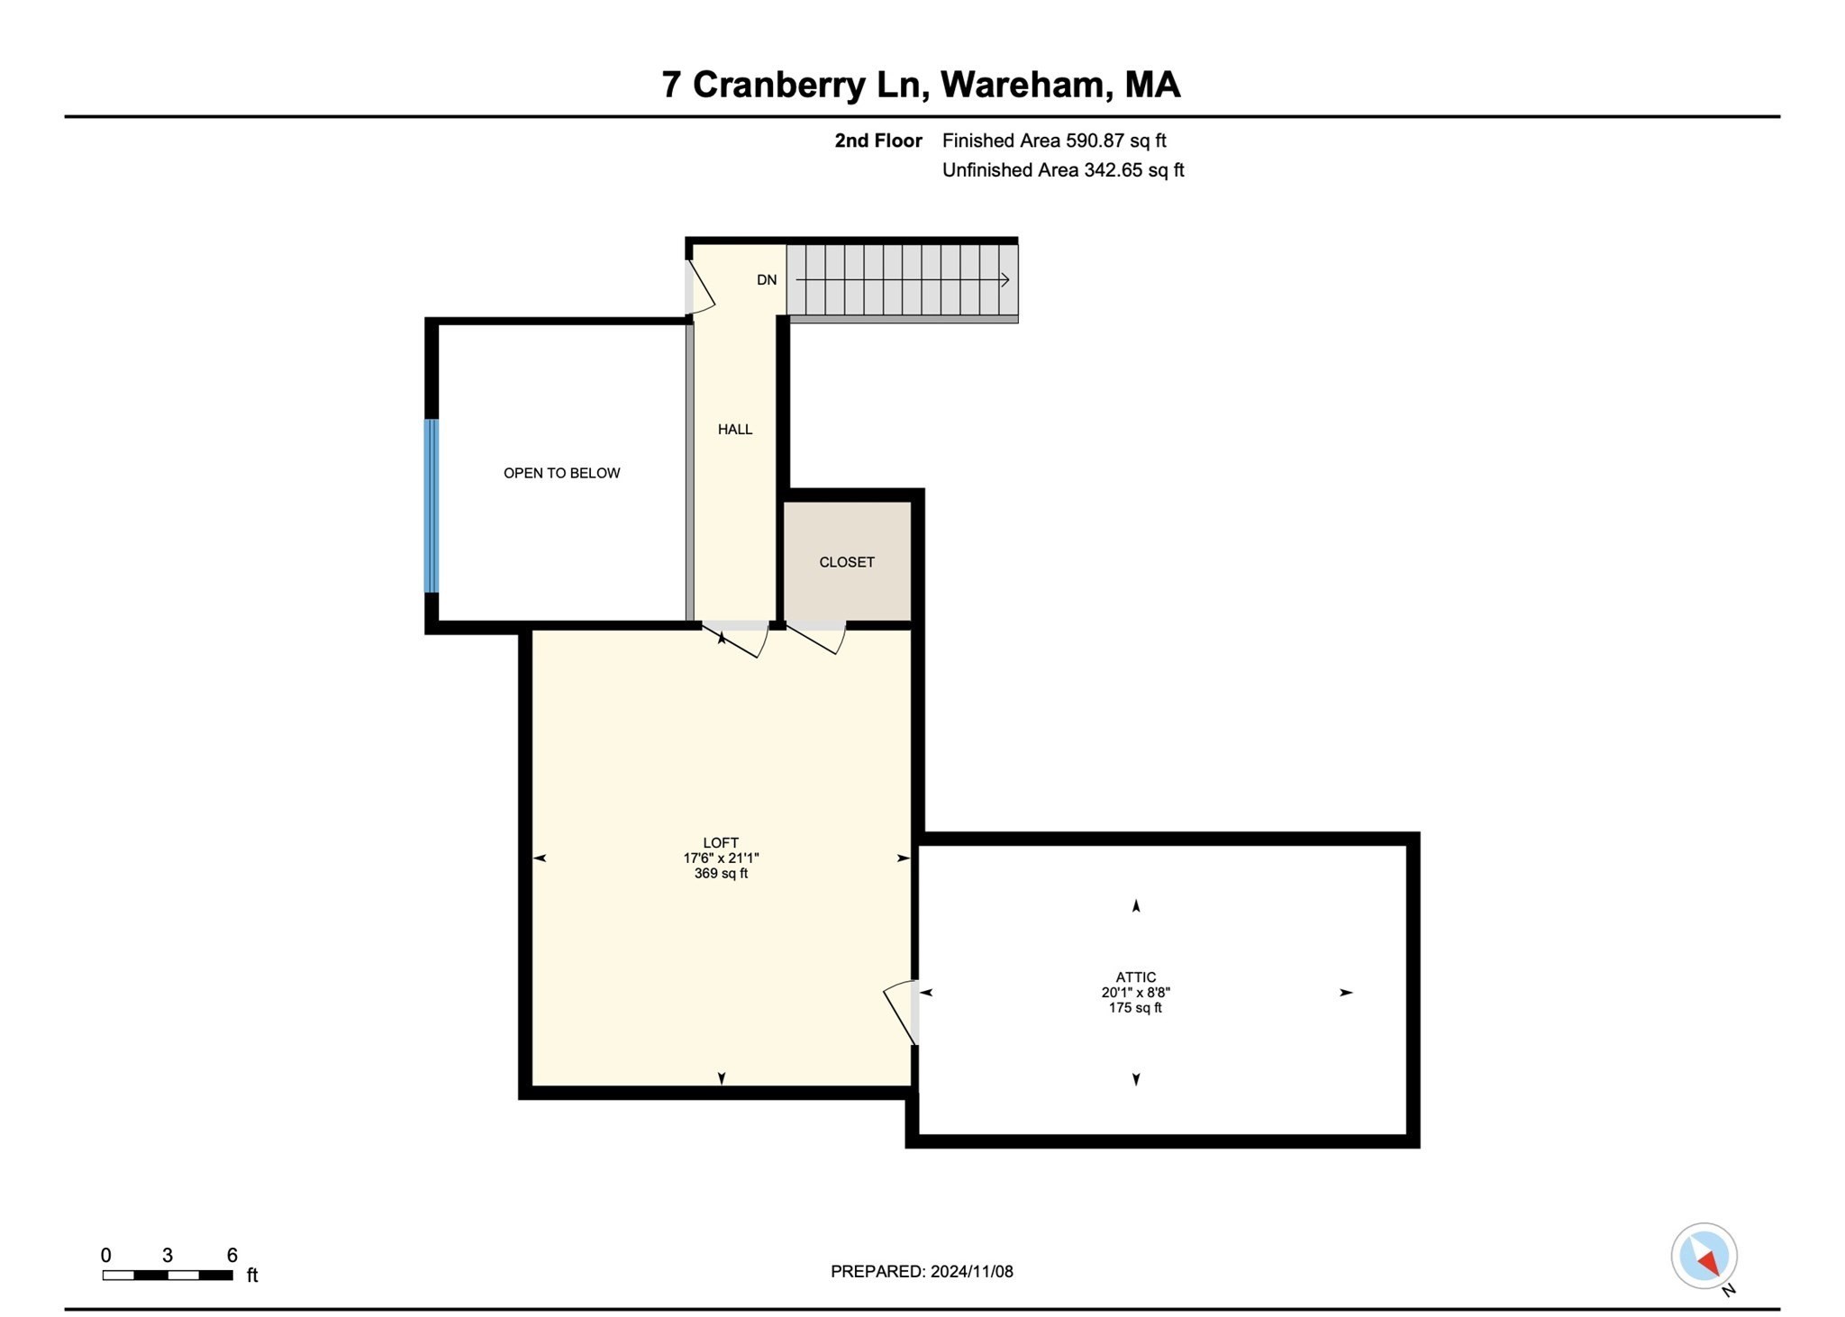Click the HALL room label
[x=734, y=430]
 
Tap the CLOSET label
[x=846, y=562]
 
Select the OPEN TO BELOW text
[x=561, y=473]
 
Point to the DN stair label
[x=767, y=280]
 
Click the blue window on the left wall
[x=432, y=505]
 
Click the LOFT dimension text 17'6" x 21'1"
[x=721, y=858]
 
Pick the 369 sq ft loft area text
[x=721, y=874]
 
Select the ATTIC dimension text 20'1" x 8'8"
[x=1135, y=993]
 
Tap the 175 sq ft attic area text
[x=1135, y=1008]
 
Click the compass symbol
[x=1704, y=1256]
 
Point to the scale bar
[x=168, y=1275]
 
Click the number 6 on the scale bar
[x=232, y=1255]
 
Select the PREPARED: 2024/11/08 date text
[x=922, y=1271]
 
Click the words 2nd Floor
[x=878, y=141]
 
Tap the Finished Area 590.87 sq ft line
[x=1054, y=141]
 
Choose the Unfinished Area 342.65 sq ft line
[x=1063, y=170]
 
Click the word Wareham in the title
[x=1023, y=85]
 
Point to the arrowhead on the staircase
[x=1005, y=280]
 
